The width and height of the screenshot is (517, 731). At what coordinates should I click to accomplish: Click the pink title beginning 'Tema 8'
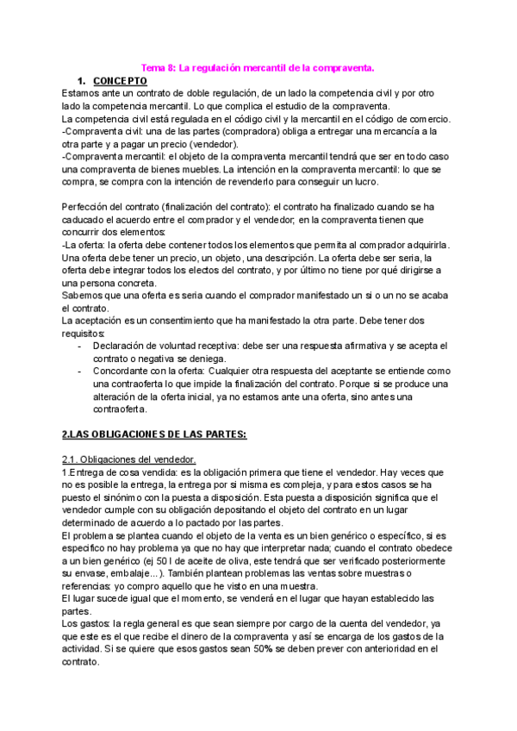pyautogui.click(x=258, y=66)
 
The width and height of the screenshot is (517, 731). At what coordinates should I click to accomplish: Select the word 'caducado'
pyautogui.click(x=87, y=221)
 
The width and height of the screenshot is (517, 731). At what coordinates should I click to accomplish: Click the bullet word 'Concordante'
pyautogui.click(x=123, y=372)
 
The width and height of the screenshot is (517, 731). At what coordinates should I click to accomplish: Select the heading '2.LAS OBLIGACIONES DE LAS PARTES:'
pyautogui.click(x=154, y=434)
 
